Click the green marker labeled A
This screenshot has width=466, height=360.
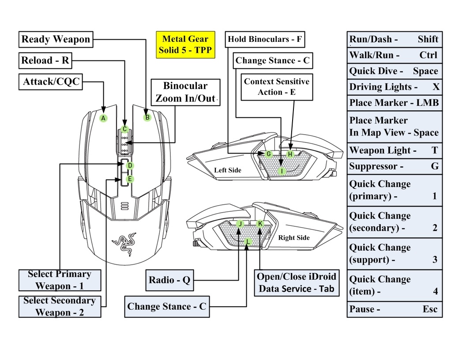(103, 118)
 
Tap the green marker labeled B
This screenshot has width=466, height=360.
(147, 117)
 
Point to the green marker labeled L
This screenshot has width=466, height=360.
(248, 241)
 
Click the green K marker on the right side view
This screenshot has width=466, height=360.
(260, 224)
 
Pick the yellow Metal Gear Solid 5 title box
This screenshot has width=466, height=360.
(186, 45)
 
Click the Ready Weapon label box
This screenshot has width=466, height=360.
(56, 40)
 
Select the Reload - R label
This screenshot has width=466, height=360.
(45, 60)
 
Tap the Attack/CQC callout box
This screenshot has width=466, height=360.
(50, 82)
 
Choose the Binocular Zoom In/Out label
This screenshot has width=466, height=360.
(185, 92)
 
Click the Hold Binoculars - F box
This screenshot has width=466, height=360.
(265, 39)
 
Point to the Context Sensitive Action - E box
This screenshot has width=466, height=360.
(277, 87)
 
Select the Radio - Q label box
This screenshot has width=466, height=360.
(170, 280)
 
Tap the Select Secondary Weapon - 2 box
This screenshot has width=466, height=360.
(60, 306)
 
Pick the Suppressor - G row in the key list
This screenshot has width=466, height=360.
(394, 166)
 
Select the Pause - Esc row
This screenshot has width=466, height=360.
(394, 309)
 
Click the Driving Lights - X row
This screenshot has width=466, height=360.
(394, 87)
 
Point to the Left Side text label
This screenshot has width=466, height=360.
(228, 170)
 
